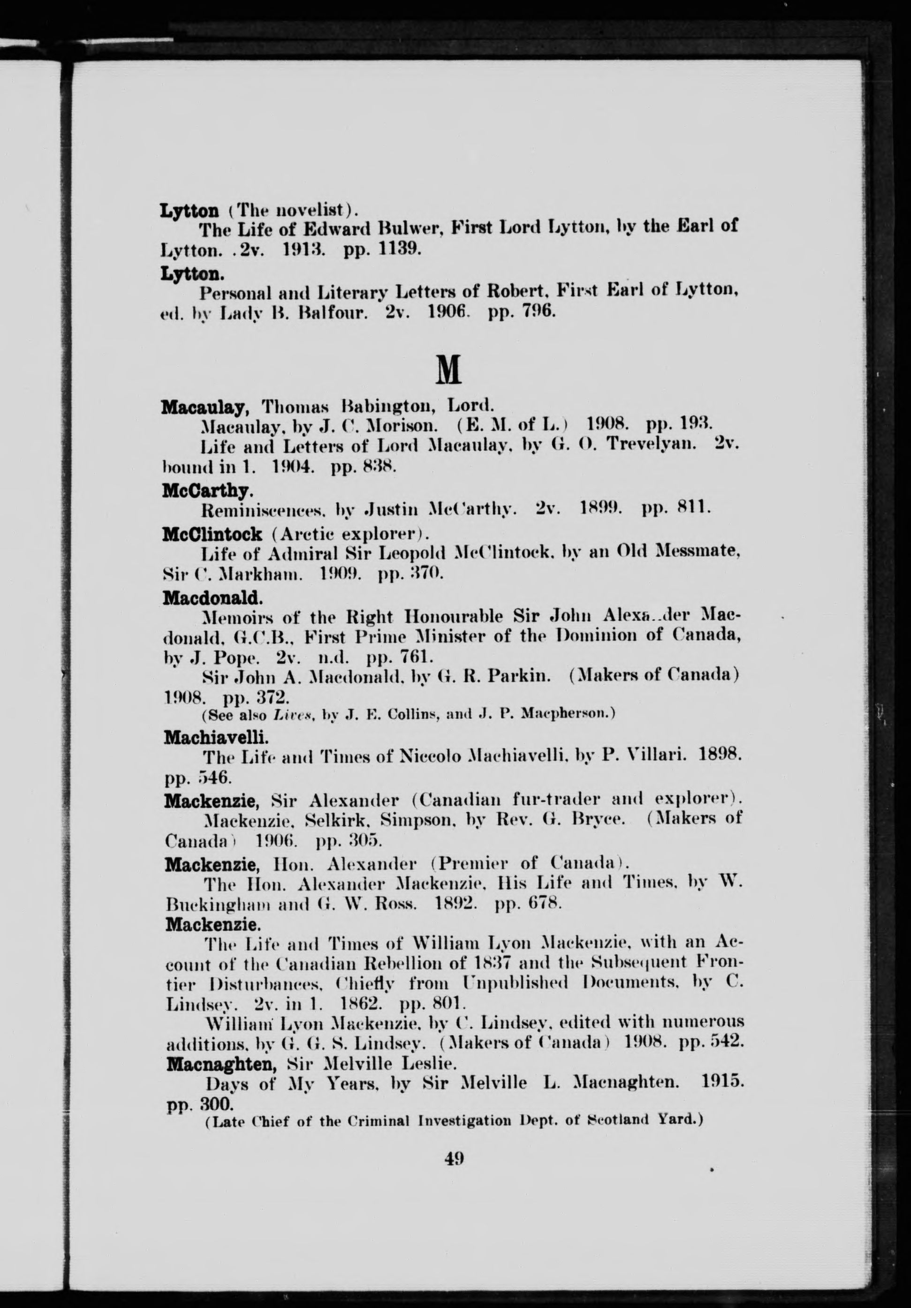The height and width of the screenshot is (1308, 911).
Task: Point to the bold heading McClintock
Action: pos(213,534)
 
